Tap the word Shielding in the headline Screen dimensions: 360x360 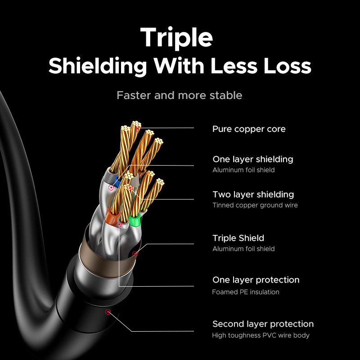[98, 66]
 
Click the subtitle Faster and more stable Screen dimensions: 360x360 [179, 95]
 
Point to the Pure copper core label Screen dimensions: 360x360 [249, 129]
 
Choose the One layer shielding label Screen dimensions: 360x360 [252, 159]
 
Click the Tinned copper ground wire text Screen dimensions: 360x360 [255, 205]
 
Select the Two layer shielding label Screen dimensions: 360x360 [253, 194]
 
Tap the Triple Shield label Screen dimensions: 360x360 [238, 238]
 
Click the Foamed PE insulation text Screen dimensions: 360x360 [246, 292]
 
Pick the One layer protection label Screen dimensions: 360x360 [256, 280]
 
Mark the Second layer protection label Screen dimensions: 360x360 [263, 324]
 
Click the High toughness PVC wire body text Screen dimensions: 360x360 [261, 335]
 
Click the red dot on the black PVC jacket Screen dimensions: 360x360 [107, 312]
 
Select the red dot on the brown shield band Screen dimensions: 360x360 [135, 253]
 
